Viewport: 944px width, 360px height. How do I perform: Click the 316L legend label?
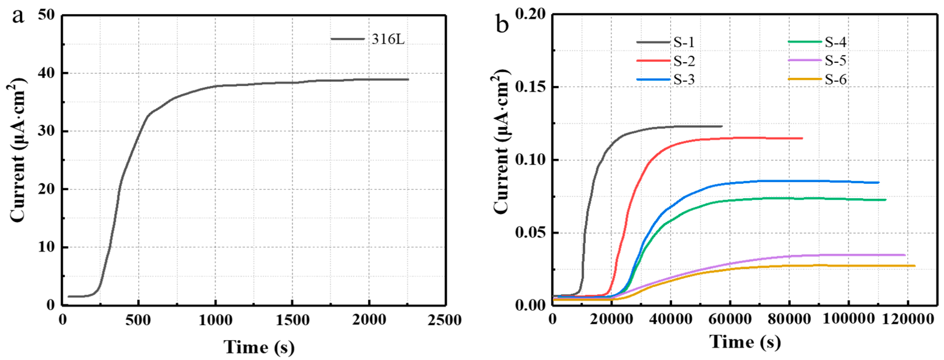(388, 39)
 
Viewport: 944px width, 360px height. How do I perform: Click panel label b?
(502, 25)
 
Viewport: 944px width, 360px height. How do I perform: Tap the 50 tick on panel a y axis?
(46, 15)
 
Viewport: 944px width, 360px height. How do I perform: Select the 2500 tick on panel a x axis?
(444, 320)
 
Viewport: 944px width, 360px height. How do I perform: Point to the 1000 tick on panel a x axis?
(216, 320)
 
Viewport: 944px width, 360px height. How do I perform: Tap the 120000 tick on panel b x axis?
(908, 319)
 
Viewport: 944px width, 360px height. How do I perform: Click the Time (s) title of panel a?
(259, 347)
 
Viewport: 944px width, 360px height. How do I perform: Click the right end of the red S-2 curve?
(802, 138)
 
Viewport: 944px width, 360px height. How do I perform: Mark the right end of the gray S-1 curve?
(722, 126)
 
